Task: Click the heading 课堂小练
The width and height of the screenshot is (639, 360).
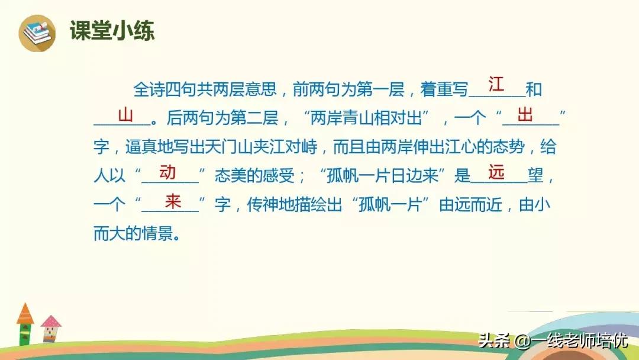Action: tap(112, 31)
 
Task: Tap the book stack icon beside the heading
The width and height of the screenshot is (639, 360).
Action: tap(37, 32)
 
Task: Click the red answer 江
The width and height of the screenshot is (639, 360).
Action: tap(496, 84)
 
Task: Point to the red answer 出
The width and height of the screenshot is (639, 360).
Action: tap(525, 114)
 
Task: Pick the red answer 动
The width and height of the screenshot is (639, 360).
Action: tap(167, 172)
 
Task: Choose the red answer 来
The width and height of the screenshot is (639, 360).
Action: tap(172, 201)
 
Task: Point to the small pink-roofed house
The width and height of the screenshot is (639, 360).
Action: tap(51, 328)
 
